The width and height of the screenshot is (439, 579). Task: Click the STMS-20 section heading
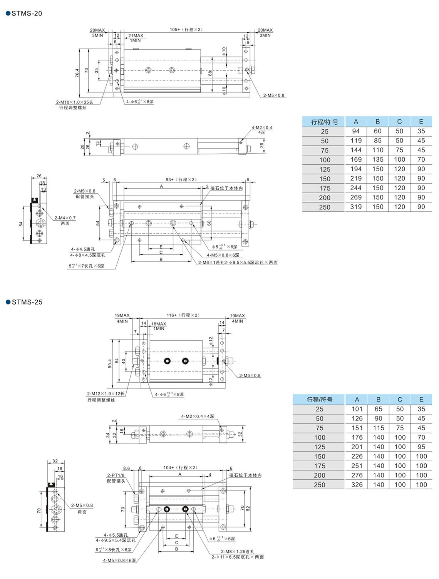[26, 13]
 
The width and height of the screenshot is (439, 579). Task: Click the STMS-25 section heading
[27, 302]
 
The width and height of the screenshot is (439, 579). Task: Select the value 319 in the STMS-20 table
[356, 207]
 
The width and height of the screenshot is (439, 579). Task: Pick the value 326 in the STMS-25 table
[357, 485]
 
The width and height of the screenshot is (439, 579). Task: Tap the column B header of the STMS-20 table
[378, 122]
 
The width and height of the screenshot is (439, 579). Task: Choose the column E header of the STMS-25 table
[421, 400]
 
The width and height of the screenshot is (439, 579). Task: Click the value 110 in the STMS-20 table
[378, 150]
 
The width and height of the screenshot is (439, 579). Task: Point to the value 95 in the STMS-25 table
[421, 447]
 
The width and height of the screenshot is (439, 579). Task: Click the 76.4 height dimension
[77, 73]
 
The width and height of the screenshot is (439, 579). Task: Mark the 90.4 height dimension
[110, 363]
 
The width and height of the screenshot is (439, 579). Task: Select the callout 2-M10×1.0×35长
[75, 102]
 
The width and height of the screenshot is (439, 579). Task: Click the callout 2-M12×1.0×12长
[106, 394]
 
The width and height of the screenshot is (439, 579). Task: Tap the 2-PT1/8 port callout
[116, 475]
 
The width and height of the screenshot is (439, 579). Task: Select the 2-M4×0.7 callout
[65, 218]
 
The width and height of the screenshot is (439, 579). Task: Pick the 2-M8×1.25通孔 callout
[238, 551]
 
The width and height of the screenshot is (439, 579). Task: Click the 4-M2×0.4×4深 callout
[198, 417]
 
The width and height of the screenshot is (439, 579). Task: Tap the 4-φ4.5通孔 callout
[83, 249]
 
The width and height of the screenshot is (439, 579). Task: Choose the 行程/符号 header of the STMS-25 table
[319, 400]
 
